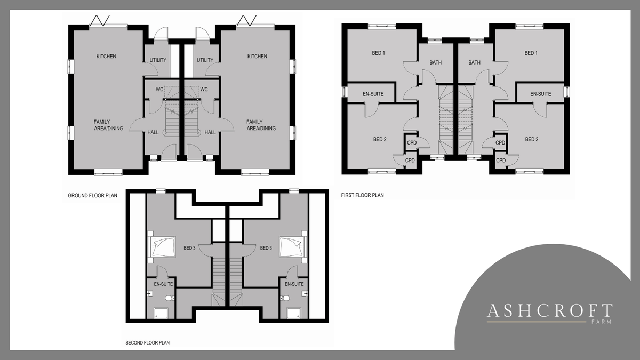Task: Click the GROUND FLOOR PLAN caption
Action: click(x=92, y=195)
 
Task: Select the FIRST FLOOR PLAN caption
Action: click(x=362, y=195)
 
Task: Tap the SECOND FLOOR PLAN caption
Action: click(x=147, y=342)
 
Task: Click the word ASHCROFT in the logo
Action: click(x=550, y=311)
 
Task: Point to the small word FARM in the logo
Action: click(x=601, y=322)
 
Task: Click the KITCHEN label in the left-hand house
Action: click(x=106, y=57)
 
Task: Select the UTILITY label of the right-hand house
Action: click(x=205, y=60)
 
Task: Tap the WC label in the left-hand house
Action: click(x=159, y=90)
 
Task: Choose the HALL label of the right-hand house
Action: click(x=210, y=132)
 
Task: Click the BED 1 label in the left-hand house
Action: click(x=378, y=53)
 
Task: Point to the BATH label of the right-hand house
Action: click(x=474, y=62)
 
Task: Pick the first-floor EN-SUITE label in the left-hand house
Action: click(x=373, y=94)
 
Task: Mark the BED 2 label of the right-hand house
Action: click(x=532, y=139)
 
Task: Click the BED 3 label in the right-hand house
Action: click(x=266, y=248)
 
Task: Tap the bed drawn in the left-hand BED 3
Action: click(x=162, y=247)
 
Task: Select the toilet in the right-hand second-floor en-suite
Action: click(x=285, y=298)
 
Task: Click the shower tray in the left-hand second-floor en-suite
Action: click(x=161, y=313)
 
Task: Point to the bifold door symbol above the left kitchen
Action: click(x=100, y=21)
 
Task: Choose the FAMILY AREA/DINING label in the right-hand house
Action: click(x=261, y=125)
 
